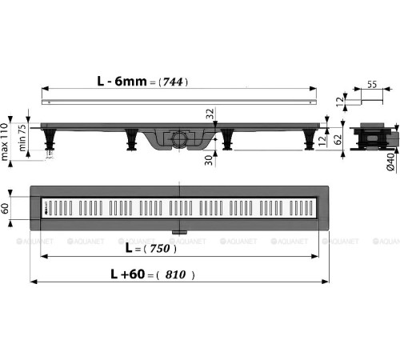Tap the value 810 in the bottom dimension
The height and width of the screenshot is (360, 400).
[x=175, y=274]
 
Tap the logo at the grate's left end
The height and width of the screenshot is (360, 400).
[x=46, y=210]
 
